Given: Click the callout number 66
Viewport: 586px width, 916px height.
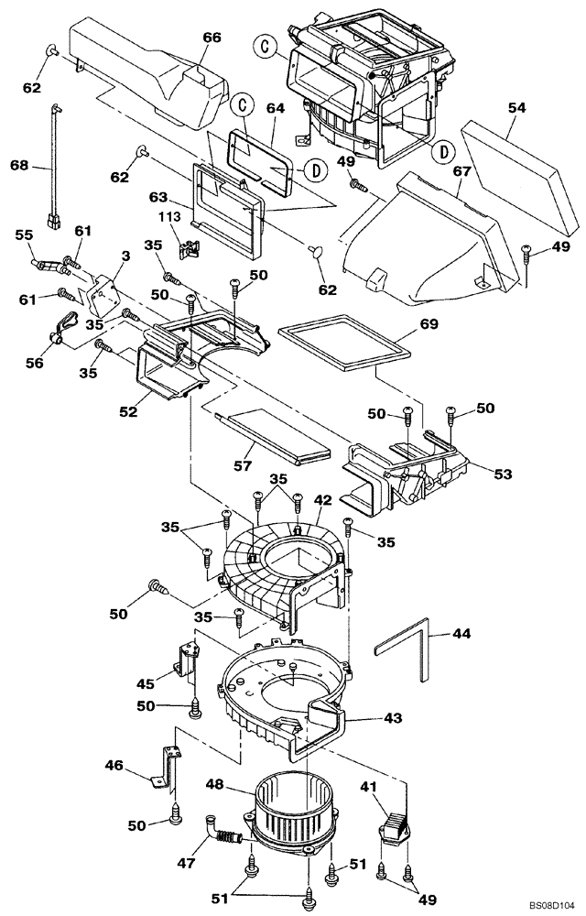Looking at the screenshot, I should pos(212,38).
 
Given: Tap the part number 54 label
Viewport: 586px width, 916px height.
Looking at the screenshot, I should pos(515,108).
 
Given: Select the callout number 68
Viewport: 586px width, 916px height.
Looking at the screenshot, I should pos(19,166).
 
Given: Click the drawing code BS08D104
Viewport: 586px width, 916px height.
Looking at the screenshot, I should pos(548,902).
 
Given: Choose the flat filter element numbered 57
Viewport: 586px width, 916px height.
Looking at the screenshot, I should pos(275,438).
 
